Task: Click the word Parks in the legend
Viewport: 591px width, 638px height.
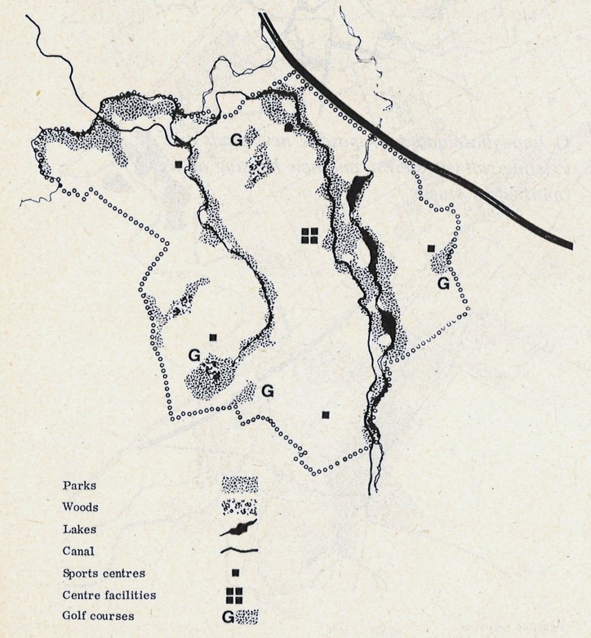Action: pos(80,485)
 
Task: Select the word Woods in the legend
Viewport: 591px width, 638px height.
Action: pos(81,507)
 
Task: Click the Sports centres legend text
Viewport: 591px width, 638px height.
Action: pos(104,573)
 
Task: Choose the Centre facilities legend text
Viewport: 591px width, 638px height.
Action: pos(109,595)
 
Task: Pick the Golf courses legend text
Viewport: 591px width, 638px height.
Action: pos(98,616)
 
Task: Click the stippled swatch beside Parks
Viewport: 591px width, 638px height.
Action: pos(240,484)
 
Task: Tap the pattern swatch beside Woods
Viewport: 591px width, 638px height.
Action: pos(240,506)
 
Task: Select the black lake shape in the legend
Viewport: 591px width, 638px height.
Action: pos(239,528)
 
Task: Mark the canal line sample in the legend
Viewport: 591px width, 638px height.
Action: pos(240,550)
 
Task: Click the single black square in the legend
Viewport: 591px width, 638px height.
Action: pos(235,573)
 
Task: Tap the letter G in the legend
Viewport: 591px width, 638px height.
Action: pos(228,617)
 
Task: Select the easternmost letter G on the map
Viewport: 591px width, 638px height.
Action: pos(443,284)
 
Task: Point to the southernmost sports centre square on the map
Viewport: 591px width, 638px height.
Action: pos(326,414)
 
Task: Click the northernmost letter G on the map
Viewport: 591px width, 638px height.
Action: pos(236,140)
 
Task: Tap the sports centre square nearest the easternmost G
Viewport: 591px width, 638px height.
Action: pos(431,248)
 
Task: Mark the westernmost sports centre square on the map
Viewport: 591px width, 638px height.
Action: pos(179,164)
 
